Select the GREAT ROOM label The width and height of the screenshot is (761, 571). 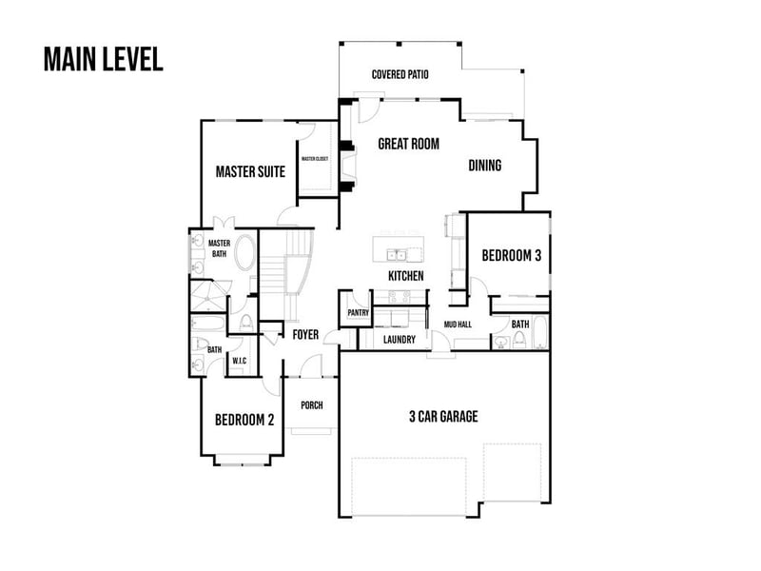(x=408, y=144)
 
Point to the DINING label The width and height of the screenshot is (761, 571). (x=484, y=166)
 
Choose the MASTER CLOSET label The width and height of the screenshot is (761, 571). (x=315, y=159)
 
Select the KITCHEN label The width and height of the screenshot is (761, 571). (x=405, y=276)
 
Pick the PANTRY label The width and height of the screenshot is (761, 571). (x=359, y=312)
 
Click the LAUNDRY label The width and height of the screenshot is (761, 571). (x=399, y=339)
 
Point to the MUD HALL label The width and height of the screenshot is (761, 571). (x=458, y=325)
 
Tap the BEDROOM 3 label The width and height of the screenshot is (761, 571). (x=511, y=256)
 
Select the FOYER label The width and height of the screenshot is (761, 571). (x=304, y=335)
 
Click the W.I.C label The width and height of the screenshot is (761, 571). (x=239, y=360)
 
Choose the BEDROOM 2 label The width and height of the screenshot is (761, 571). (x=244, y=420)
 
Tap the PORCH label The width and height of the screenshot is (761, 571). (x=311, y=405)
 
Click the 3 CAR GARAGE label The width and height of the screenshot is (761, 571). (x=443, y=417)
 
